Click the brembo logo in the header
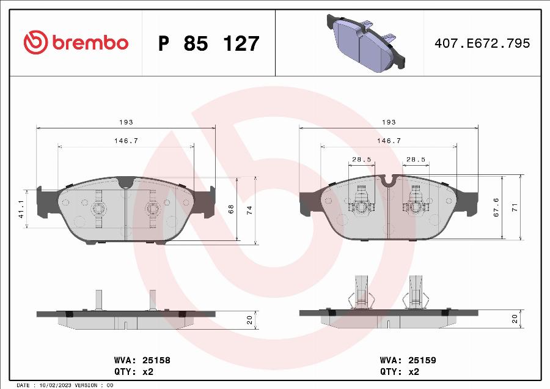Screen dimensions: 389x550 pos(76,43)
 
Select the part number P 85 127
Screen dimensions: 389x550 pos(208,43)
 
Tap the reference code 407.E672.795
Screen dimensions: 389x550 pos(482,43)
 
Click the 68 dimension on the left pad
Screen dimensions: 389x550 pos(231,209)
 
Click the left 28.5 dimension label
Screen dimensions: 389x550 pos(361,159)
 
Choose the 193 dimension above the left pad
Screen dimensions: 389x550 pos(126,122)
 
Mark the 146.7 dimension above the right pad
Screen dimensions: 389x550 pos(389,141)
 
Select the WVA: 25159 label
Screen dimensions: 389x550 pos(408,361)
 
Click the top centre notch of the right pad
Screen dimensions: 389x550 pos(387,179)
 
